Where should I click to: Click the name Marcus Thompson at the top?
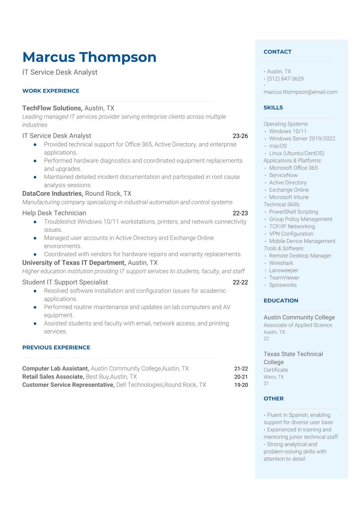coord(89,57)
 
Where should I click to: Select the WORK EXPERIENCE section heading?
coord(51,91)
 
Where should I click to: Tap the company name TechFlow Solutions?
coord(52,108)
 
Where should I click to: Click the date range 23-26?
coord(240,136)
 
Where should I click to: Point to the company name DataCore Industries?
coord(52,194)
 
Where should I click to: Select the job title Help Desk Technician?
coord(54,213)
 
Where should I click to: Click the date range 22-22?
coord(240,282)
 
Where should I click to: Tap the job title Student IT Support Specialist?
coord(65,282)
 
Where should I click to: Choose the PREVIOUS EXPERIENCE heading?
coord(56,347)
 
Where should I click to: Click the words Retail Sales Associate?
coord(53,377)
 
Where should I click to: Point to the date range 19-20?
coord(241,385)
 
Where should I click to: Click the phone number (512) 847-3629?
coord(285,79)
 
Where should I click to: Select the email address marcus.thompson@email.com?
coord(300,92)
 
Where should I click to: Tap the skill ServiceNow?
coord(283,175)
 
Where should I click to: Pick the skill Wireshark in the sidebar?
coord(281,263)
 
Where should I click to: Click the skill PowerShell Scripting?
coord(293,212)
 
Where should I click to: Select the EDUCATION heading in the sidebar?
coord(281,301)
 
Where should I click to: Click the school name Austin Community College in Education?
coord(299,317)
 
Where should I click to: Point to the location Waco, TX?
coord(273,377)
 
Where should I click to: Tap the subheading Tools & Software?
coord(284,248)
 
